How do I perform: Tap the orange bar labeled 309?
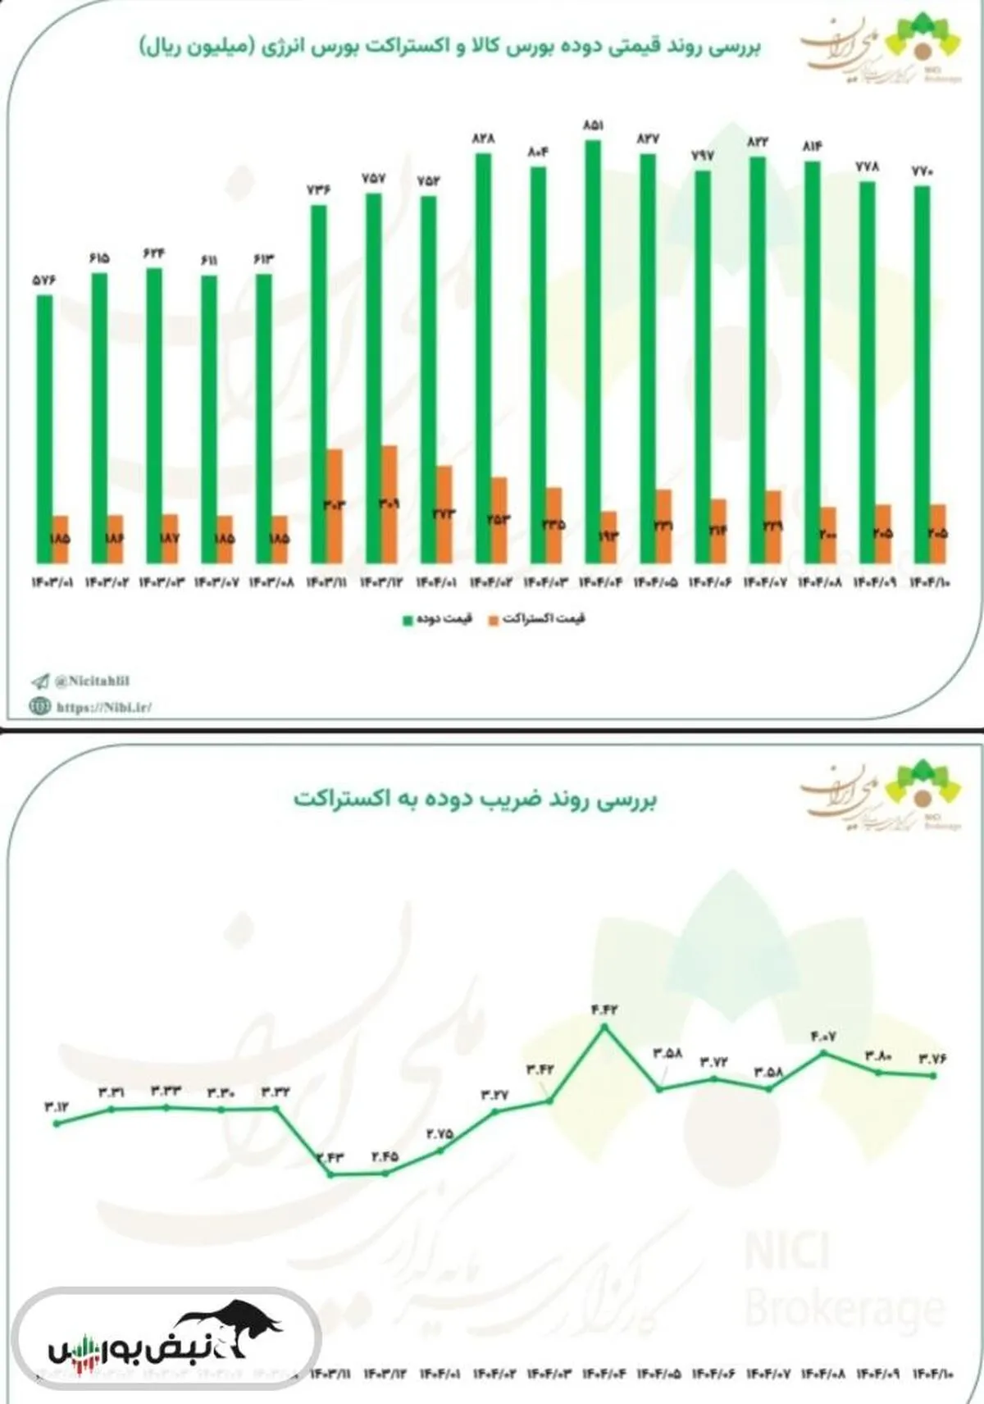pyautogui.click(x=389, y=504)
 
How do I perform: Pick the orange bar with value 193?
pyautogui.click(x=608, y=536)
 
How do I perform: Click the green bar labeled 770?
pyautogui.click(x=922, y=374)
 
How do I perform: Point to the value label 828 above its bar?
pyautogui.click(x=483, y=139)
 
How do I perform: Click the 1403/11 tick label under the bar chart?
pyautogui.click(x=326, y=583)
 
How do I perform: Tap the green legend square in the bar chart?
pyautogui.click(x=408, y=620)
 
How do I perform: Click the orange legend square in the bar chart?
pyautogui.click(x=494, y=620)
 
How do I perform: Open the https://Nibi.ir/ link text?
pyautogui.click(x=103, y=706)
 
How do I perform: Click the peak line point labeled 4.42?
pyautogui.click(x=605, y=1026)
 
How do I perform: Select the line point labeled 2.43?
pyautogui.click(x=330, y=1174)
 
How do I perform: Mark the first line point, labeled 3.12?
pyautogui.click(x=56, y=1124)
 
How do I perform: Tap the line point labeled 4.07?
pyautogui.click(x=824, y=1052)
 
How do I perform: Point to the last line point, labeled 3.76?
pyautogui.click(x=933, y=1075)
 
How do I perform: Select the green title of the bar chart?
pyautogui.click(x=449, y=45)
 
